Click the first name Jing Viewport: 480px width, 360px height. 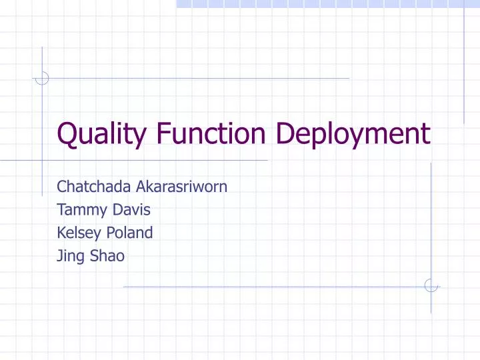click(x=69, y=256)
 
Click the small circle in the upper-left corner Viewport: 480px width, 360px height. click(x=42, y=79)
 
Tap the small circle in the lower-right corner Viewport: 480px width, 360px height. click(x=431, y=285)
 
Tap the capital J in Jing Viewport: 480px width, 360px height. click(x=60, y=255)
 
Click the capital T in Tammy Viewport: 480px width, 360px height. click(x=62, y=210)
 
